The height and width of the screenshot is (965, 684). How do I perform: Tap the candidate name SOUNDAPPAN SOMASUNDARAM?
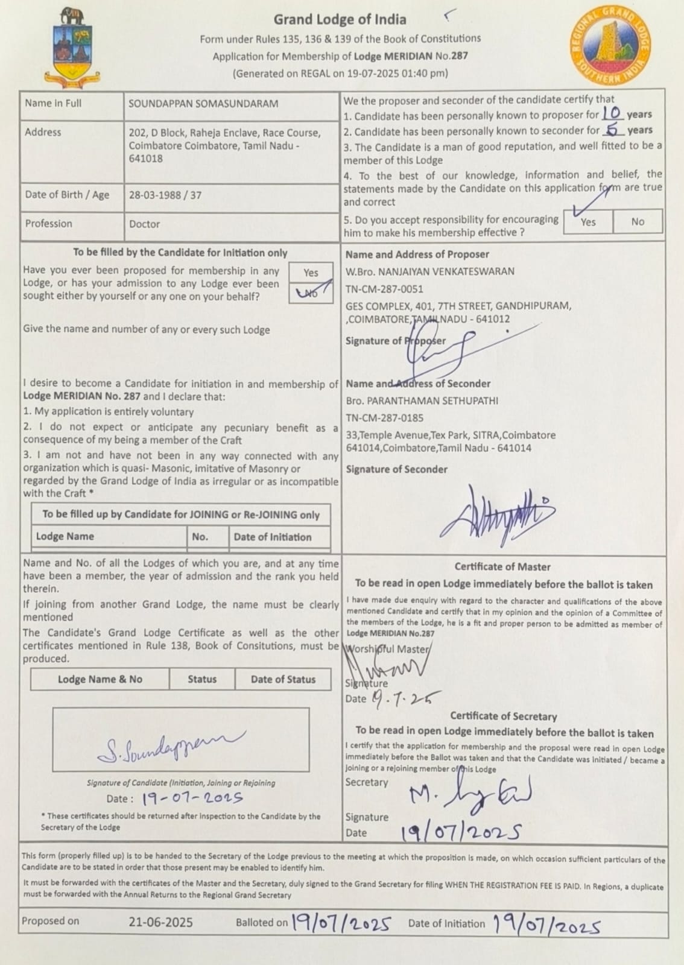pos(203,103)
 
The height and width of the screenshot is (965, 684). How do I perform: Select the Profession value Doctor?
pos(144,224)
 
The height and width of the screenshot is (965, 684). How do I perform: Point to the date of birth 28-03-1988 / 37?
pos(165,195)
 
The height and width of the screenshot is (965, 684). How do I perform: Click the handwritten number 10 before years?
pos(612,113)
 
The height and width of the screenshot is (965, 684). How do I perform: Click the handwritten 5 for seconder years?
pos(613,129)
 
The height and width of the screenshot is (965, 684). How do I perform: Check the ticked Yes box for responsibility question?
pos(587,221)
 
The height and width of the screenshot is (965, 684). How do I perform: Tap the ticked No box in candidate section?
pos(311,293)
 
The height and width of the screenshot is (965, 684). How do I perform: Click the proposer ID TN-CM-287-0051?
pos(384,289)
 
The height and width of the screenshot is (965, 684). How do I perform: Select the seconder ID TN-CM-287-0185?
pos(384,417)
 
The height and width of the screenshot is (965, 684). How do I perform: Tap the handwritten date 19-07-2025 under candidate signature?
pos(192,799)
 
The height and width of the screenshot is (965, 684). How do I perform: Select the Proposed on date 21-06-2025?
pos(160,922)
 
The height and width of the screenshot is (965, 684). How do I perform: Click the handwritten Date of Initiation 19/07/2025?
pos(546,924)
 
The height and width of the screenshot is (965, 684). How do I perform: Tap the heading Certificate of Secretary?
pos(503,717)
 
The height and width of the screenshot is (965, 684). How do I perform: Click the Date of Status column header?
pos(283,679)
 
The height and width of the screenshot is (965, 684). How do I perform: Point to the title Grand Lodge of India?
pos(340,19)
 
